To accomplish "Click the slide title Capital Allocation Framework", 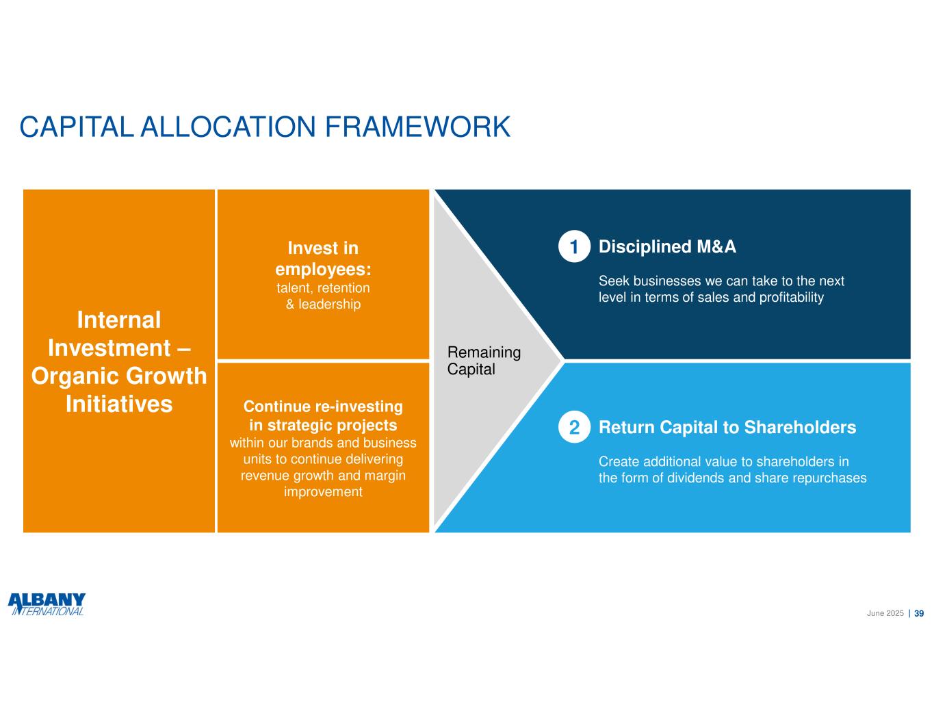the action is pyautogui.click(x=265, y=127).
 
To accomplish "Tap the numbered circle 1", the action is pyautogui.click(x=574, y=248).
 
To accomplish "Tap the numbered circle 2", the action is pyautogui.click(x=574, y=428).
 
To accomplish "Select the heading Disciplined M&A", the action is pyautogui.click(x=667, y=247).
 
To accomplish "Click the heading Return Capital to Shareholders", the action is pyautogui.click(x=727, y=428).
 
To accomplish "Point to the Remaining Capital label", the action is pyautogui.click(x=484, y=361).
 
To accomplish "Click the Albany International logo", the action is pyautogui.click(x=47, y=605).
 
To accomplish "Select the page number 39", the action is pyautogui.click(x=919, y=614).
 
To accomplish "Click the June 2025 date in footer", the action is pyautogui.click(x=885, y=614).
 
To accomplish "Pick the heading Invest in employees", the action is pyautogui.click(x=323, y=258).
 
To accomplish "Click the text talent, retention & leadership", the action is pyautogui.click(x=323, y=296).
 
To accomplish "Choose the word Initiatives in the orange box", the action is pyautogui.click(x=119, y=404).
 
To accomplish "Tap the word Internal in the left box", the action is pyautogui.click(x=119, y=320).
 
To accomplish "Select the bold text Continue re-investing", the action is pyautogui.click(x=323, y=407).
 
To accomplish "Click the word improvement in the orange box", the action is pyautogui.click(x=323, y=492).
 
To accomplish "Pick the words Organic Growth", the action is pyautogui.click(x=119, y=376).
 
